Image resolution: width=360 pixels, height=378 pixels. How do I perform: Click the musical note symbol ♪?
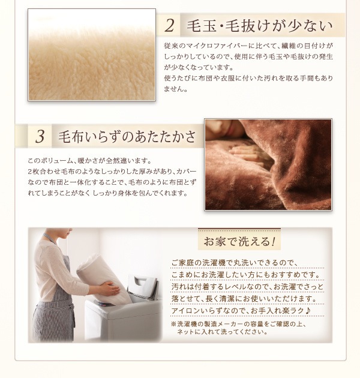[x=307, y=310]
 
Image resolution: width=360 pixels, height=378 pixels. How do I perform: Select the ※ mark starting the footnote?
[x=174, y=323]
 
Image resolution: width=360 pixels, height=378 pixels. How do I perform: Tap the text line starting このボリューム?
[x=90, y=161]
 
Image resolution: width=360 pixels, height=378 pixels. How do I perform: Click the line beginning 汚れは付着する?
[x=247, y=286]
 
